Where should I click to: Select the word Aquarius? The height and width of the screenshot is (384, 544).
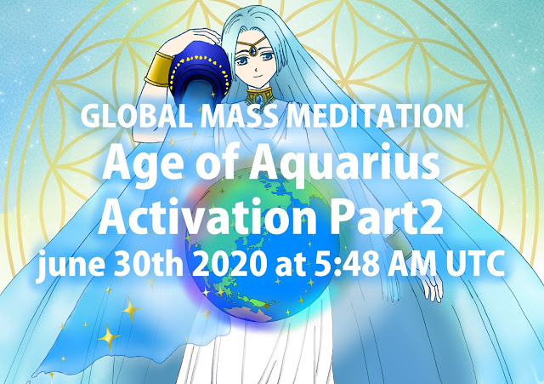(345, 165)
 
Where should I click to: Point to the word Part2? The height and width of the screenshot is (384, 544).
(386, 216)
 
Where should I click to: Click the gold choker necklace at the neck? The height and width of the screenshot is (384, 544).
(259, 95)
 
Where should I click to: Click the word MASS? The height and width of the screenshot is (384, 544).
(239, 116)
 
